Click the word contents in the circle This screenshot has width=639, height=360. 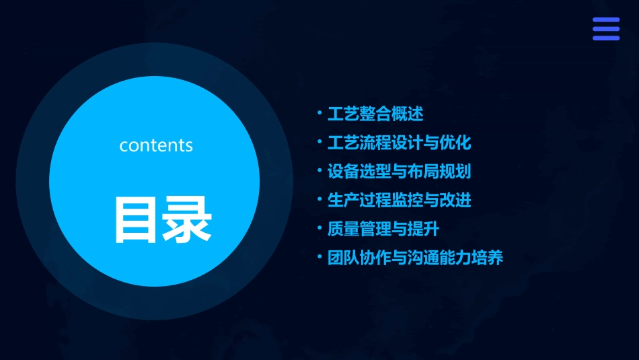pyautogui.click(x=156, y=145)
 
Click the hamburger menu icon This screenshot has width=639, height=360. pyautogui.click(x=606, y=30)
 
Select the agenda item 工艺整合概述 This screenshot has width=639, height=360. pyautogui.click(x=375, y=114)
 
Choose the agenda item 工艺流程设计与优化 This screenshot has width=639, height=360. pyautogui.click(x=400, y=143)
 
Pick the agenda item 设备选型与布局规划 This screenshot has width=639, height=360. pyautogui.click(x=400, y=172)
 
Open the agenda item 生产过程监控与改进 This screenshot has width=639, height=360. pyautogui.click(x=400, y=201)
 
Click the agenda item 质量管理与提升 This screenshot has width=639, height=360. pyautogui.click(x=383, y=229)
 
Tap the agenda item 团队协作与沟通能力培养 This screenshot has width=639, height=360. pyautogui.click(x=415, y=258)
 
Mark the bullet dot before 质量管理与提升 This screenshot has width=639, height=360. pyautogui.click(x=319, y=228)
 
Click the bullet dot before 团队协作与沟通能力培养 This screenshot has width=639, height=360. pyautogui.click(x=319, y=257)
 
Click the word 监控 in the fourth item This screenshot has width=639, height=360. pyautogui.click(x=408, y=201)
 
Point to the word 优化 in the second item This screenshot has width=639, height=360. pyautogui.click(x=455, y=143)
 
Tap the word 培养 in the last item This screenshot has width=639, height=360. pyautogui.click(x=488, y=258)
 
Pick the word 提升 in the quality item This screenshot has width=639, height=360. pyautogui.click(x=424, y=229)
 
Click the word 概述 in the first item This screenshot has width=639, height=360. pyautogui.click(x=408, y=114)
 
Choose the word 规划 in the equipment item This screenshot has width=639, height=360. pyautogui.click(x=455, y=172)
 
